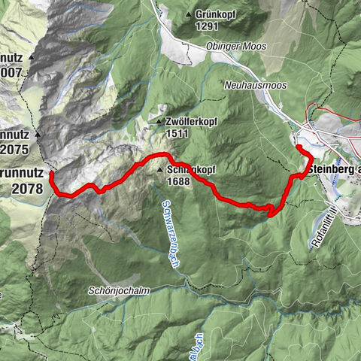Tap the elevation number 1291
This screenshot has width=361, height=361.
(x=206, y=26)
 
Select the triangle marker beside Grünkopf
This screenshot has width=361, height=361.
(x=188, y=14)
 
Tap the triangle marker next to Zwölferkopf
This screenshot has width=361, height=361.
(x=159, y=120)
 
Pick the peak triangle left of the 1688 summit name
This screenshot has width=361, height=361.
(x=160, y=171)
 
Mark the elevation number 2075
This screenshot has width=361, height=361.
(x=17, y=149)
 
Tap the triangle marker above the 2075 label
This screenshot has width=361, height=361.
(x=35, y=135)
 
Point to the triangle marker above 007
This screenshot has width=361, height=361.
(x=32, y=56)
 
